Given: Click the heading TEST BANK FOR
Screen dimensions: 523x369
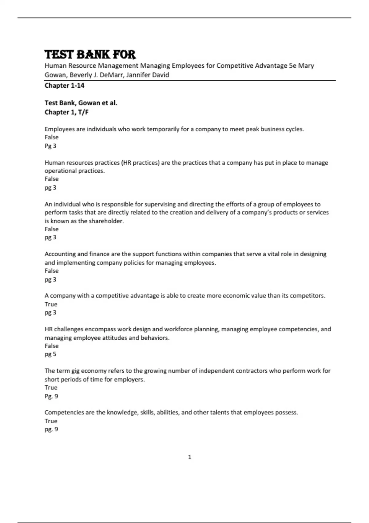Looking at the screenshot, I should pos(90,54).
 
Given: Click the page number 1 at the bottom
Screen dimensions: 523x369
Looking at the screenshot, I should pos(189,457).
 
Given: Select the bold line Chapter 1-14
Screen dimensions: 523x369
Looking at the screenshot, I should pos(64,86).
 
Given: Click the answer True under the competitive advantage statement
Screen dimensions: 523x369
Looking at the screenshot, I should pos(51,304).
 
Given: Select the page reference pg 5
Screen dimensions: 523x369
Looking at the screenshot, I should pos(50,354).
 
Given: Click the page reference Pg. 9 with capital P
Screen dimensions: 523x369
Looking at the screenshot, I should pos(51,396).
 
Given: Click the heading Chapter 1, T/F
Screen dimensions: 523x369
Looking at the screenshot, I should pos(66,112).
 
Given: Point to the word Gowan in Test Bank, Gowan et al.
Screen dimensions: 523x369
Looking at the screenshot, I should pos(89,103).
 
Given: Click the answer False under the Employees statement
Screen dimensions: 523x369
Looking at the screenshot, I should pos(51,137).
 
